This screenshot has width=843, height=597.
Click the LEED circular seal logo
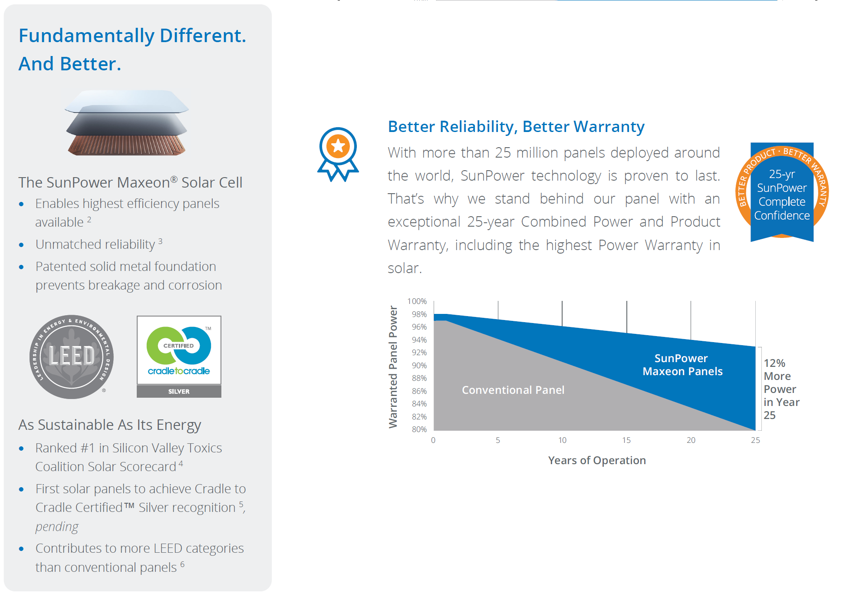(x=72, y=356)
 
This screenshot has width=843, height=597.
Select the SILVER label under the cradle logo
(x=179, y=391)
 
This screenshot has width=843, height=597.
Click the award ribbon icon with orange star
(x=338, y=154)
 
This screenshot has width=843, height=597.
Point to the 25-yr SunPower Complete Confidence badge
(x=782, y=192)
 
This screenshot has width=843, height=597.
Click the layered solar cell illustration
(x=127, y=122)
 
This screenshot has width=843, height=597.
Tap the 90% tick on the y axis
(x=419, y=365)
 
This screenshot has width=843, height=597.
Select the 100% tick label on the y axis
(x=417, y=301)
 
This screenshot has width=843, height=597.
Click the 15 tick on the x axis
(x=626, y=440)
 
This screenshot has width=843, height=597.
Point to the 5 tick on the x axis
(x=498, y=440)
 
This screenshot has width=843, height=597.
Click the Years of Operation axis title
(x=597, y=460)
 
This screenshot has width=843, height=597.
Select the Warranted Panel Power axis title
(x=393, y=367)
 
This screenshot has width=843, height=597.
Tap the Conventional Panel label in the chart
(x=513, y=390)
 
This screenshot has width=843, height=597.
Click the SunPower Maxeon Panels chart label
(x=682, y=365)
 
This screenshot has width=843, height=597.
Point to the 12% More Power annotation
(x=781, y=389)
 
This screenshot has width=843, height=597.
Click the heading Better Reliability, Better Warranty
(x=516, y=126)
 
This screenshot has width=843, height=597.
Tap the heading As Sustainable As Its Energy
(x=110, y=425)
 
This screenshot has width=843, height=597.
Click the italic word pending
(x=57, y=527)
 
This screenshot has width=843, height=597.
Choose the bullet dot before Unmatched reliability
(x=21, y=245)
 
